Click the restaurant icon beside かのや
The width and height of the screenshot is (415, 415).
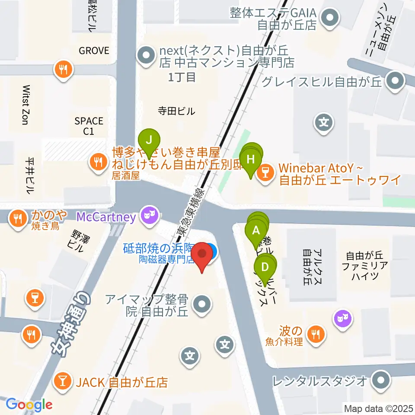coord(18,218)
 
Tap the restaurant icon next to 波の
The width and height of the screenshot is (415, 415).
coord(316,333)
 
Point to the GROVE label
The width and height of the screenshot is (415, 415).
coord(94,51)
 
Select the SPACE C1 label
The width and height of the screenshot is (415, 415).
coord(89,126)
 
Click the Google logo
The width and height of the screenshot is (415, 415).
coord(29,405)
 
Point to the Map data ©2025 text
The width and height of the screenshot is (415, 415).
coord(379,408)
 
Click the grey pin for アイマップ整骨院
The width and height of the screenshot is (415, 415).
coord(202,305)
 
